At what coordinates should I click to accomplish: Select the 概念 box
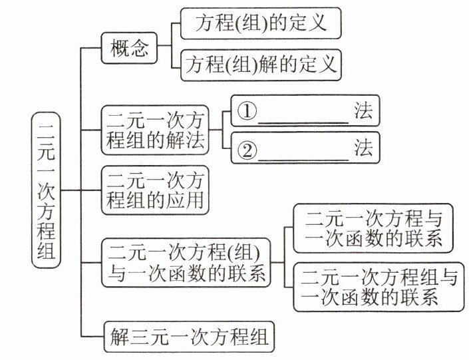point(130,49)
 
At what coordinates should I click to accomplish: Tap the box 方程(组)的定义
point(261,23)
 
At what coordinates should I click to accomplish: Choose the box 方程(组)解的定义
point(261,65)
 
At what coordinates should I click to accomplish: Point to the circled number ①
point(247,111)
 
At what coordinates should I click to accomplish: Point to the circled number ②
point(247,150)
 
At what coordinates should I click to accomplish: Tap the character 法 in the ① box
point(363,111)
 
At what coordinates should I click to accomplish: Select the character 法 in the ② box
point(363,150)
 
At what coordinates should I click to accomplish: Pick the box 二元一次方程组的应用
point(155,190)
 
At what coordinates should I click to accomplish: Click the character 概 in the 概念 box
point(120,49)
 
